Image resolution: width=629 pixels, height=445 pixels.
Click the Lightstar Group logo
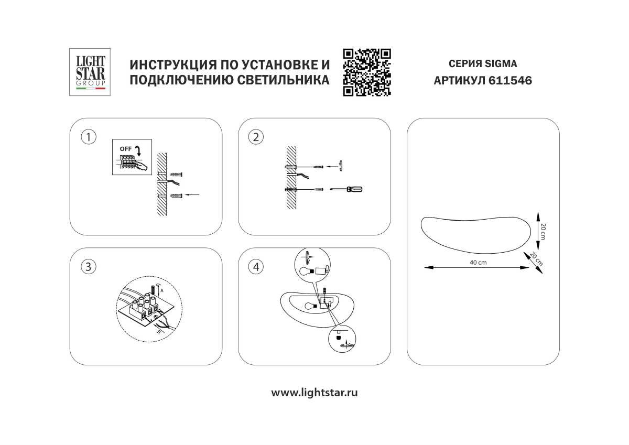[x=90, y=72]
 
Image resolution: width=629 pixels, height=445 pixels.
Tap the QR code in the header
[x=367, y=72]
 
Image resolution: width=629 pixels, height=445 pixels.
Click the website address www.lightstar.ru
[x=314, y=393]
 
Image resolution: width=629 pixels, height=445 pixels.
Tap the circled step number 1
[x=89, y=137]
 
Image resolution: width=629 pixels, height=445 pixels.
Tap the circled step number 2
[x=256, y=137]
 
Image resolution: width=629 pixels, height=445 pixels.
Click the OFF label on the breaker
[x=125, y=149]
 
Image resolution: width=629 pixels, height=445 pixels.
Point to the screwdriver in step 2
[x=346, y=189]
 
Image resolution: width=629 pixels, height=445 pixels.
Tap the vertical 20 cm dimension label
[x=543, y=231]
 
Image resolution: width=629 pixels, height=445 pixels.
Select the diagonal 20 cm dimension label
[x=536, y=257]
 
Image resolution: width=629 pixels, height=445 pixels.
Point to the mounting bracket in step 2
[x=341, y=166]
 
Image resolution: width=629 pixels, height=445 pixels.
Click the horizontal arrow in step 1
[x=193, y=195]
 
